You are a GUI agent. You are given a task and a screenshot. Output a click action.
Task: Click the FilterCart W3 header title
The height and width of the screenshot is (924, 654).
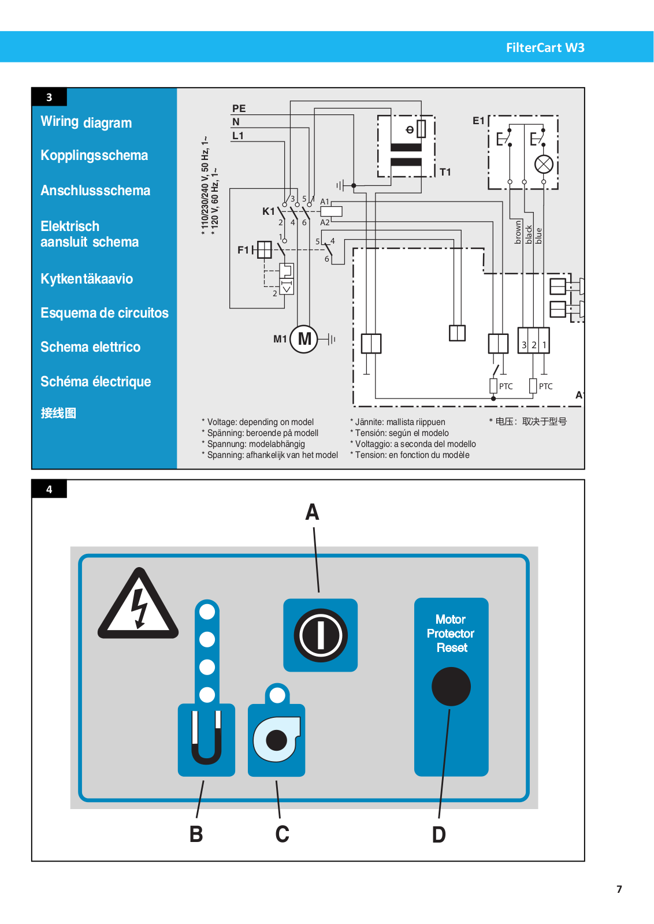(545, 48)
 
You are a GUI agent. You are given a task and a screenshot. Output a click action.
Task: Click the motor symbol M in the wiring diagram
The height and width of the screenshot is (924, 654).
(304, 339)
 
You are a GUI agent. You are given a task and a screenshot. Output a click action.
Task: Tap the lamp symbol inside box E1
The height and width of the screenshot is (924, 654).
(544, 165)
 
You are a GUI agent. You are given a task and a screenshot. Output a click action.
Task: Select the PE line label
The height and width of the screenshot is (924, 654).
(239, 109)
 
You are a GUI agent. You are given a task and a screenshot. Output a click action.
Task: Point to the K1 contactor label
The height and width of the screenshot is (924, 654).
(268, 211)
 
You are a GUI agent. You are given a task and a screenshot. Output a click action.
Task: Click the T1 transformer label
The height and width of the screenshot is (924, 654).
(445, 172)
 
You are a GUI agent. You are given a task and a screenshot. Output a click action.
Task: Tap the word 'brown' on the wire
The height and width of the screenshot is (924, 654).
(518, 232)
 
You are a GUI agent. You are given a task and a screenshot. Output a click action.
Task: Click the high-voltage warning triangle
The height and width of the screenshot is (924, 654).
(138, 603)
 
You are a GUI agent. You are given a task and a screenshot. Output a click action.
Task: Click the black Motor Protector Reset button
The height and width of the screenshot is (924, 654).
(451, 687)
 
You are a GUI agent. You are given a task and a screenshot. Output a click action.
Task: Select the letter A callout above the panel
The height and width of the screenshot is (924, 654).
(312, 512)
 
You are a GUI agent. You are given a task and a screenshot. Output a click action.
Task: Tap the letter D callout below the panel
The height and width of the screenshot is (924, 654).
(439, 834)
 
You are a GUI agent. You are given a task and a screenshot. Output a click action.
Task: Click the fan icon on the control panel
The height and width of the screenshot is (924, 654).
(277, 740)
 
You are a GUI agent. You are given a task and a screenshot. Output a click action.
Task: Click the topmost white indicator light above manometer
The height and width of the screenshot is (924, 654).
(207, 612)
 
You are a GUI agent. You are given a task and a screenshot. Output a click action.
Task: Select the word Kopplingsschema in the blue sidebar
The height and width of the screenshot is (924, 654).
(94, 155)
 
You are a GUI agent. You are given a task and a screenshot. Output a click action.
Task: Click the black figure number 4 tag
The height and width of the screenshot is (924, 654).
(49, 489)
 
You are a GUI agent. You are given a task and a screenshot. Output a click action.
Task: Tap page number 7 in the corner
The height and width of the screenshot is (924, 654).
(619, 889)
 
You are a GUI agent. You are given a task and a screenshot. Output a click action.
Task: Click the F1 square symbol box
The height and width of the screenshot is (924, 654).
(264, 249)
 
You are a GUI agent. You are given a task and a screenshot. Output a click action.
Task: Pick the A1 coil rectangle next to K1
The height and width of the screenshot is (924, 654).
(331, 211)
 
